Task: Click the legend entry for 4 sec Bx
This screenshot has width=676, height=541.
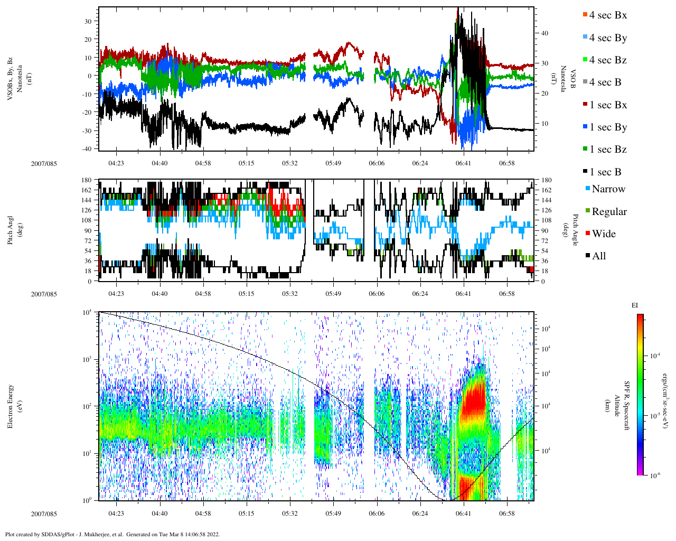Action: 607,15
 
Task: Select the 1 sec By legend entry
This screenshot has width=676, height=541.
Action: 608,127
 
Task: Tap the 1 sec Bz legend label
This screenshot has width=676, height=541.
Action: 608,150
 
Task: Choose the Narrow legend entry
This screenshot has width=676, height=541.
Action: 608,189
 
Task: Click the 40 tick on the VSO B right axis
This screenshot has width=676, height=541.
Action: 544,33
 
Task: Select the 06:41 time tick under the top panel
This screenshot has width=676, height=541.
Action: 463,163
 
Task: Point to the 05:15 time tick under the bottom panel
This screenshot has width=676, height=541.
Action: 246,514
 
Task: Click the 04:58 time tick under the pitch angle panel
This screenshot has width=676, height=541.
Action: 203,294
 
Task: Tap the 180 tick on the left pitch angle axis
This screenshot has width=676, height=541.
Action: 86,180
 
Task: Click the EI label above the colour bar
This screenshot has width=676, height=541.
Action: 635,305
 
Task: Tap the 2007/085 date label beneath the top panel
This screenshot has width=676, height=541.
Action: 44,163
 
